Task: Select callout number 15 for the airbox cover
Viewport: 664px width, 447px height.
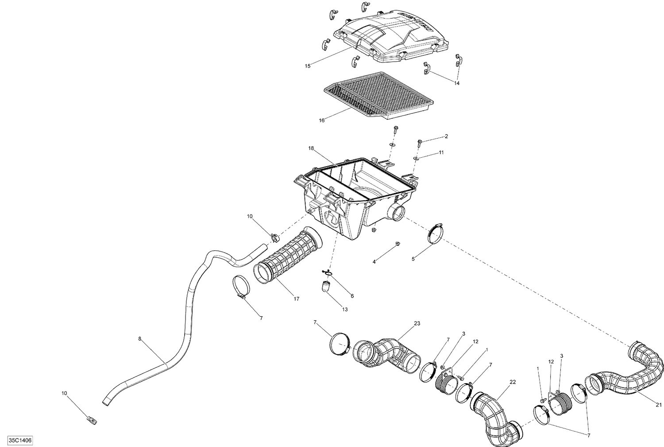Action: (x=308, y=66)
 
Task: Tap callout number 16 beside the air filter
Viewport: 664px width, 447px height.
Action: (x=322, y=120)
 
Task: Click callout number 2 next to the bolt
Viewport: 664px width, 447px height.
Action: (x=446, y=136)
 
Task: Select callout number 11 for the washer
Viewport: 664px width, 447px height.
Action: (x=441, y=152)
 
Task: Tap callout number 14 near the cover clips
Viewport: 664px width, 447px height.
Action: (x=457, y=83)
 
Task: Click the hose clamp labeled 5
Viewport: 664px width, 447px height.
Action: (x=436, y=233)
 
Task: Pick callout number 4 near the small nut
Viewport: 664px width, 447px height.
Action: (x=374, y=262)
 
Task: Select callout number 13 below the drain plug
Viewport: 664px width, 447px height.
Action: (x=344, y=309)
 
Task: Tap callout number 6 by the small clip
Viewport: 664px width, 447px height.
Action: (x=352, y=295)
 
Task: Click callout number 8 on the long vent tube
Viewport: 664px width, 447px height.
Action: (x=140, y=339)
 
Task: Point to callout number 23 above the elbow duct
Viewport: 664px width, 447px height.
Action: (x=417, y=324)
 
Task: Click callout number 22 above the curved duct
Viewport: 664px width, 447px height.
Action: (x=513, y=382)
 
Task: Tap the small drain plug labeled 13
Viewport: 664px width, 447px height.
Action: (x=327, y=287)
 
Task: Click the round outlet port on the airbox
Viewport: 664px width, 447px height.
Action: (x=397, y=214)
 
